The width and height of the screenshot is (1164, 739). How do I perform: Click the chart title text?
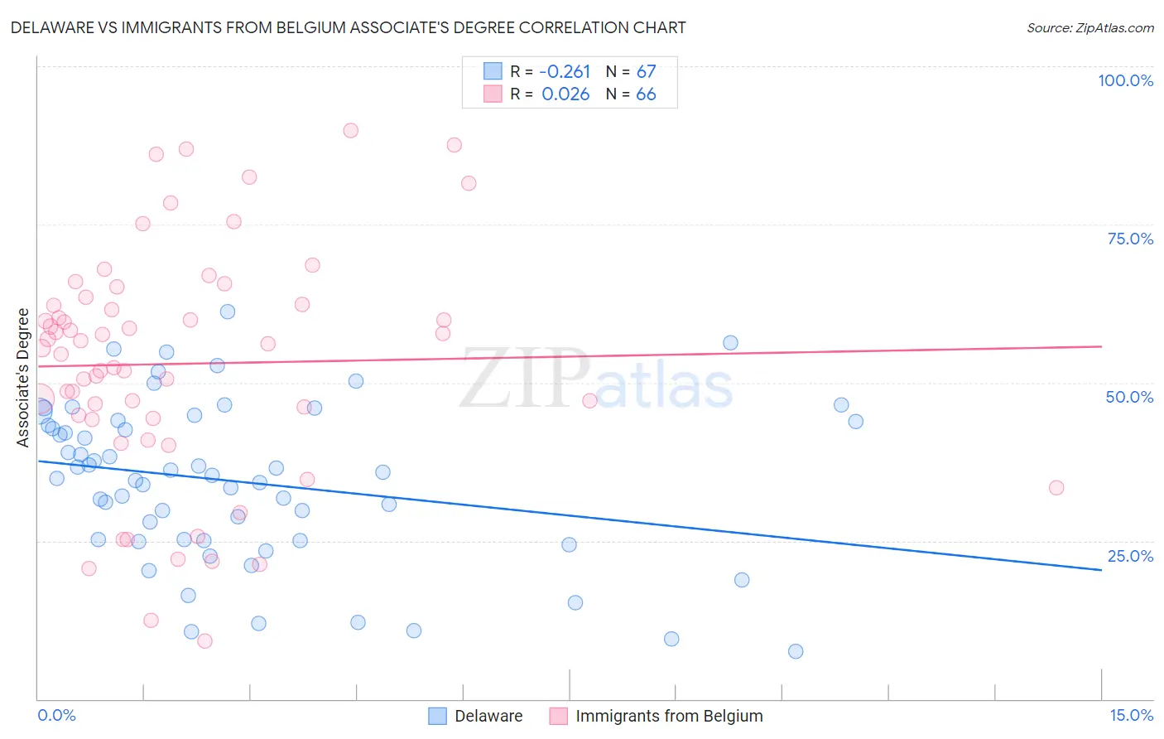tap(348, 27)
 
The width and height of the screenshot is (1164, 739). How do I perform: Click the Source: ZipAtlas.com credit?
tap(1089, 27)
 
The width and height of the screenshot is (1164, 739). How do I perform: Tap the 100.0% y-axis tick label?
tap(1125, 80)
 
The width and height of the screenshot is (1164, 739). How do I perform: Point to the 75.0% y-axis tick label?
tap(1130, 239)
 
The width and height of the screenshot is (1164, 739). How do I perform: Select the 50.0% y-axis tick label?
tap(1129, 397)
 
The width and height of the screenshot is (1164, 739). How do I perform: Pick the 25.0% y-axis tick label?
tap(1130, 556)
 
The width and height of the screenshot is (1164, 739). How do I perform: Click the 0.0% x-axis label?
tap(56, 715)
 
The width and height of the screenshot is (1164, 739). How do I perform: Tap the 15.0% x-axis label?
tap(1131, 715)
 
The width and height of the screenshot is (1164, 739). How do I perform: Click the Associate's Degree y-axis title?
tap(23, 378)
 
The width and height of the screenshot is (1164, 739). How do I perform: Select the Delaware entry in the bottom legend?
tap(488, 716)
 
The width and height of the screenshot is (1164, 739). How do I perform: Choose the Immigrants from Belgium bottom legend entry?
tap(669, 716)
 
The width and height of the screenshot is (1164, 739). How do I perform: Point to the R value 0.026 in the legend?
tap(565, 94)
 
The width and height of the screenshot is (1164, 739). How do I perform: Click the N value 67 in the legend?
tap(646, 72)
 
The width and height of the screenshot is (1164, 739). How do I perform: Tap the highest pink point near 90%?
tap(350, 130)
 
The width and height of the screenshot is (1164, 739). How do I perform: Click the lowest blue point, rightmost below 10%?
tap(796, 651)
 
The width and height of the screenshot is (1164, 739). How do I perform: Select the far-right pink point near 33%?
tap(1056, 488)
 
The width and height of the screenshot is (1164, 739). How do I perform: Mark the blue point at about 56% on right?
tap(730, 343)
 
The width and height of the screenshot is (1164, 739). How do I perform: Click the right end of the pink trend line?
tap(1101, 346)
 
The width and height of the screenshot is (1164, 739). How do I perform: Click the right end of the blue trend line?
tap(1101, 570)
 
